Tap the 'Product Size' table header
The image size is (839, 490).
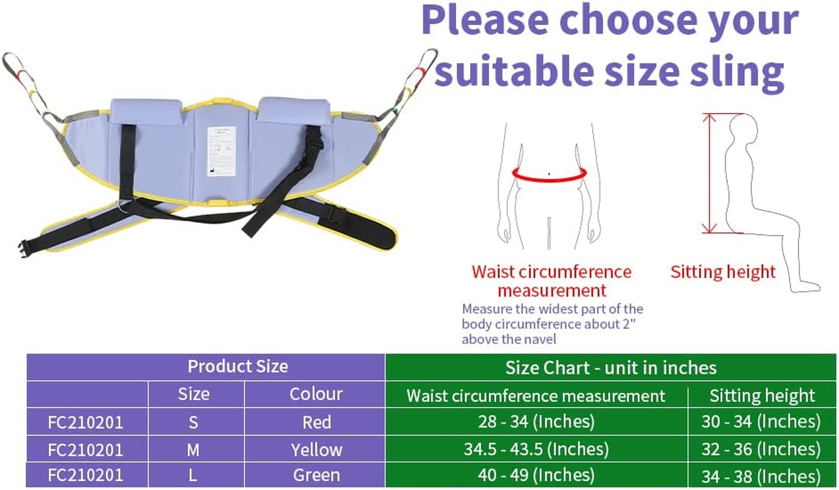(237, 366)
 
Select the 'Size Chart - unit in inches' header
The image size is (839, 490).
(611, 367)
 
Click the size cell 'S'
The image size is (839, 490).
(194, 422)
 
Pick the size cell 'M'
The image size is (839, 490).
(194, 450)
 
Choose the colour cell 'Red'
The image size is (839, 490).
(316, 422)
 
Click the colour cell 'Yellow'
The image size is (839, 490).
(316, 450)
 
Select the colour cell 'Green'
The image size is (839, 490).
(316, 475)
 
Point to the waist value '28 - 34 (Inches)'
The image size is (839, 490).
(536, 421)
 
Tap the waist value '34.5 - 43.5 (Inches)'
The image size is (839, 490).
(536, 449)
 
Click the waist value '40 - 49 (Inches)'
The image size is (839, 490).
(536, 475)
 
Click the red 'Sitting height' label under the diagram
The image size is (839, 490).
(723, 272)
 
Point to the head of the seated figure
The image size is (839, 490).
(742, 130)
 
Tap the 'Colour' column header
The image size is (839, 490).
(316, 394)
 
